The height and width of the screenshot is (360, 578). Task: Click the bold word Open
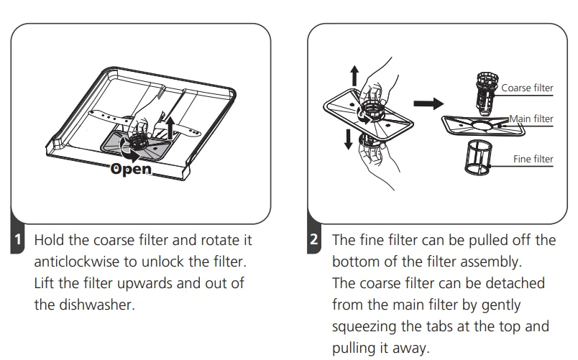point(131,169)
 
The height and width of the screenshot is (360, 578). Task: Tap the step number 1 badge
point(17,239)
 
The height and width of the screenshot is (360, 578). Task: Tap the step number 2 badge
point(313,239)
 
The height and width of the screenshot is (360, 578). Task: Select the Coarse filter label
point(527,88)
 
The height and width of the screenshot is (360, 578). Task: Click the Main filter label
point(531,119)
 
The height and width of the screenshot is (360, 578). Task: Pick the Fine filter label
point(533,159)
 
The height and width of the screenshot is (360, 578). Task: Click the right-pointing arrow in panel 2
point(428,103)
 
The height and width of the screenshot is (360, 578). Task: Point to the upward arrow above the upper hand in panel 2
point(354,75)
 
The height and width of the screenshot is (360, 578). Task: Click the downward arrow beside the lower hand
point(348,139)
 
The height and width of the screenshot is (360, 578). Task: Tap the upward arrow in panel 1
point(170,127)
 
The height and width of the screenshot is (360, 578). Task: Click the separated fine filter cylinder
point(479,157)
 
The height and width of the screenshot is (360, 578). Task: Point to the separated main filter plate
point(483,126)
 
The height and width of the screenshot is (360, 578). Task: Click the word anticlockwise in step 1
point(77,262)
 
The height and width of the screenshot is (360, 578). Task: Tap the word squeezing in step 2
point(364,327)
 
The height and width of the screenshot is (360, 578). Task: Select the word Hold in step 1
point(50,240)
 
